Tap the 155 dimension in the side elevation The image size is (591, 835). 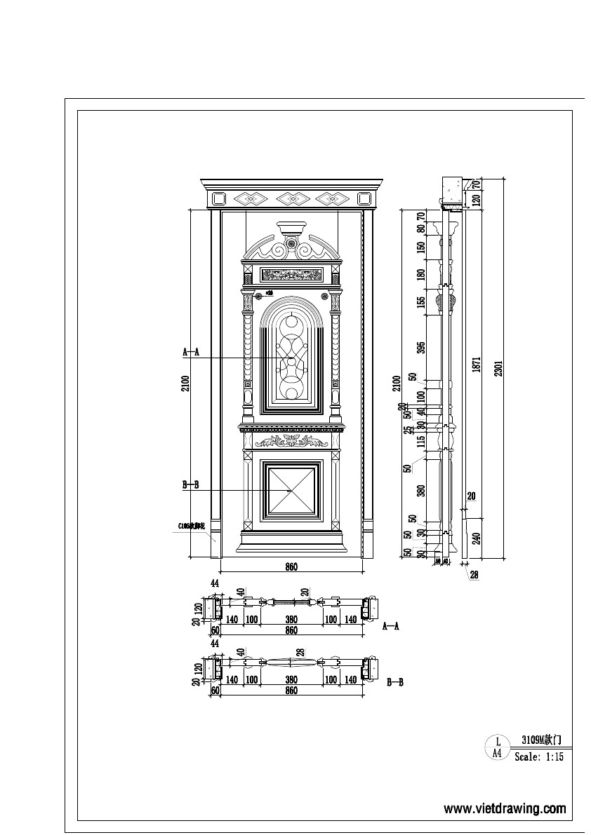point(421,302)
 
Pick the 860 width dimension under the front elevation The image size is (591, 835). point(291,567)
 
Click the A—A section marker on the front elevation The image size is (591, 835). point(191,353)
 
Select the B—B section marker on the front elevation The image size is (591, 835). point(191,484)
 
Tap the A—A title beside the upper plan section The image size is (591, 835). point(391,627)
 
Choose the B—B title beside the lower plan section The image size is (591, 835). point(395,681)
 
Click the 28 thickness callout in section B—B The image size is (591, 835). point(300,652)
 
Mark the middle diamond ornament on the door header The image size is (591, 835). point(290,198)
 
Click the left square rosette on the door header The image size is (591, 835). point(218,198)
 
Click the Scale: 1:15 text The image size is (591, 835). point(538,757)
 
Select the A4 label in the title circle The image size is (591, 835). point(497,753)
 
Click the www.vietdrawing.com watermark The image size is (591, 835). point(505,809)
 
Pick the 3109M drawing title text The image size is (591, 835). point(540,740)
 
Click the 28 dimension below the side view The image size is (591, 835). point(474,575)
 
